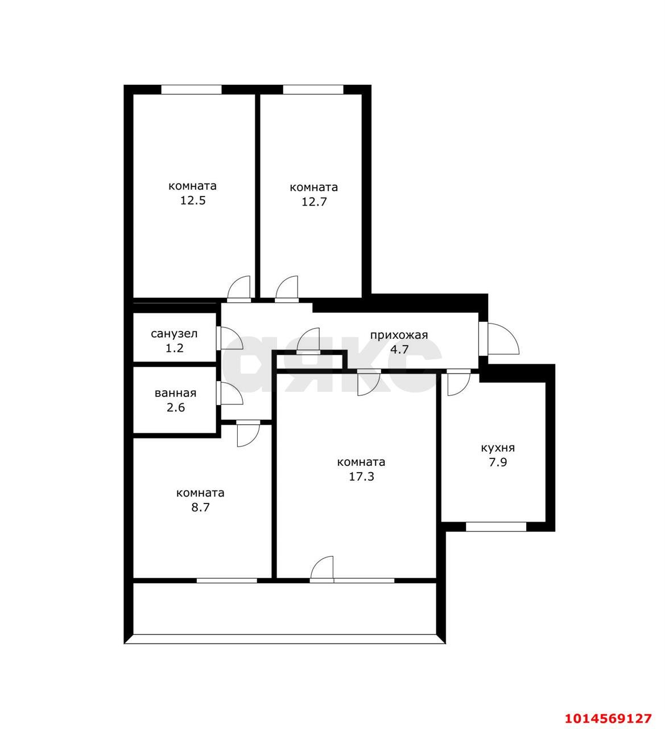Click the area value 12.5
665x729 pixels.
click(193, 200)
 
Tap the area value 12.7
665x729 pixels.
click(314, 202)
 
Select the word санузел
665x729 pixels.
click(174, 334)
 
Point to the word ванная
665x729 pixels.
click(175, 393)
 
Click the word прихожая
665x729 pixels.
click(399, 335)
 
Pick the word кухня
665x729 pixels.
click(498, 448)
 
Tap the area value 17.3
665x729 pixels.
click(361, 477)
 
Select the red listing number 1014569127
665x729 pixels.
click(608, 718)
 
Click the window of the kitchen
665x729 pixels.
click(496, 527)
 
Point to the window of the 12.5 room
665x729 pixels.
click(191, 89)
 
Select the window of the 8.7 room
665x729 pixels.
click(227, 580)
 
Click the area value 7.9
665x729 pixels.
click(498, 462)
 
